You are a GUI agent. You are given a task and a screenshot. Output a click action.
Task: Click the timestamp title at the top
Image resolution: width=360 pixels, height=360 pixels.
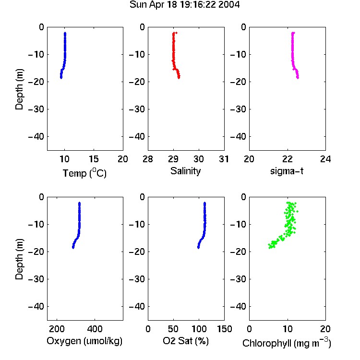pyautogui.click(x=184, y=5)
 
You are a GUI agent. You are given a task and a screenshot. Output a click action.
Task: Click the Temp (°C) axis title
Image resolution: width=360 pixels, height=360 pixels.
pyautogui.click(x=84, y=173)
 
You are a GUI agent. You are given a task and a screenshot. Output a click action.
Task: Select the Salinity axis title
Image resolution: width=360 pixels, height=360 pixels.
pyautogui.click(x=185, y=171)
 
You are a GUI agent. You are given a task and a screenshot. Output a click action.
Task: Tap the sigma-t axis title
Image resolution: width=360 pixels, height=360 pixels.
pyautogui.click(x=287, y=171)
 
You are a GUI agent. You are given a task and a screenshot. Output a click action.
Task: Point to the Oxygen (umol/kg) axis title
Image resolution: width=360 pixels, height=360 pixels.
pyautogui.click(x=84, y=341)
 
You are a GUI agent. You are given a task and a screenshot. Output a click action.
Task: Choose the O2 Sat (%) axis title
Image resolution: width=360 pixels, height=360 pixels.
pyautogui.click(x=185, y=341)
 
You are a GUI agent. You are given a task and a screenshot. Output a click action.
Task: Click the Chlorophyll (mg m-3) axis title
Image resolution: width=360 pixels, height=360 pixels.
pyautogui.click(x=287, y=342)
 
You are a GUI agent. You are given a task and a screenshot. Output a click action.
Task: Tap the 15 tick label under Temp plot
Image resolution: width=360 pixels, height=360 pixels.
pyautogui.click(x=94, y=159)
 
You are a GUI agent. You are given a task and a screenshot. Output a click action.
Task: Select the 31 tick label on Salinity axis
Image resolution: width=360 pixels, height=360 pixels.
pyautogui.click(x=224, y=159)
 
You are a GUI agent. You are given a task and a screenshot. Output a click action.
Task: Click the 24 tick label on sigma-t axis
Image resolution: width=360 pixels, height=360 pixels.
pyautogui.click(x=325, y=159)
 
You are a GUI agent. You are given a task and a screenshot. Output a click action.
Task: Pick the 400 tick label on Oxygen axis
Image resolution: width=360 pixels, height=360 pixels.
pyautogui.click(x=95, y=329)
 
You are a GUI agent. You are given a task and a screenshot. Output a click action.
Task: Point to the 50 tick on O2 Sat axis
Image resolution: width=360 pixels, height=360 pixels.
pyautogui.click(x=173, y=329)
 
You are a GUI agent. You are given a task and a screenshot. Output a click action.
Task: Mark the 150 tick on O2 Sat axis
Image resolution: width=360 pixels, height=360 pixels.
pyautogui.click(x=224, y=329)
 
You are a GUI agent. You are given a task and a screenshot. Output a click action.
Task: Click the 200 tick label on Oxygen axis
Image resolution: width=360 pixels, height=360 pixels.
pyautogui.click(x=57, y=329)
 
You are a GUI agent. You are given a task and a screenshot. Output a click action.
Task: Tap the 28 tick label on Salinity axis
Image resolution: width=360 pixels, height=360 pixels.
pyautogui.click(x=148, y=159)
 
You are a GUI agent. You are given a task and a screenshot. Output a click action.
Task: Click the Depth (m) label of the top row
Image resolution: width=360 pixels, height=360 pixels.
pyautogui.click(x=19, y=89)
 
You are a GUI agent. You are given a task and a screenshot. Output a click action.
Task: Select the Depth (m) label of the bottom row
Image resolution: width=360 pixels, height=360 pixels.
pyautogui.click(x=19, y=259)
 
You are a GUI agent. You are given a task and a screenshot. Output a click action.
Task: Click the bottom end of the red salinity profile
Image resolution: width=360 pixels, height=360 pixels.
pyautogui.click(x=179, y=78)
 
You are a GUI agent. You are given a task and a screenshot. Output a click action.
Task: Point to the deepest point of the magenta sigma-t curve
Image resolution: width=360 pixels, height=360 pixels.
pyautogui.click(x=298, y=78)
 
